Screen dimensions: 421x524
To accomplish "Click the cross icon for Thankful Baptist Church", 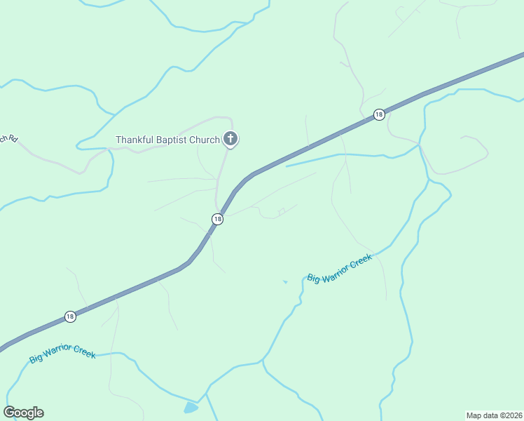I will (x=230, y=138).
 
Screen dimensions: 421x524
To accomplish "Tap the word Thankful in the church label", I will (x=134, y=140).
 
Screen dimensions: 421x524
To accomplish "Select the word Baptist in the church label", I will (x=170, y=140).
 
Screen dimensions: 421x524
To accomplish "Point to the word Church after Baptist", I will (x=204, y=140).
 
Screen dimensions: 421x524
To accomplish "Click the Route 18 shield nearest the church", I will (x=217, y=220).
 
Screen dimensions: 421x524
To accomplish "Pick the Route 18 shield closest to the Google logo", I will (x=70, y=316).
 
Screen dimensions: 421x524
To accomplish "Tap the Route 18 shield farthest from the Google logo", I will (x=379, y=114).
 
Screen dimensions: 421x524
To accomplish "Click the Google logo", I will (x=23, y=413).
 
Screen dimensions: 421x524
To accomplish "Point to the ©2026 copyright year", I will (x=510, y=415).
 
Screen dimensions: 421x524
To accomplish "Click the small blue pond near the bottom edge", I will (x=190, y=408).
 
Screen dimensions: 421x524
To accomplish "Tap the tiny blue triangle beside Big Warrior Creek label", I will (x=284, y=282).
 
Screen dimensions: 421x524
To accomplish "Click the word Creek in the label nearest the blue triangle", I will (x=361, y=261).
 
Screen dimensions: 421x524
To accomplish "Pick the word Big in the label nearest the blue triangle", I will (x=313, y=279).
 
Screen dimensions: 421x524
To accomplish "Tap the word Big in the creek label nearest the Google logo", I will (x=36, y=359).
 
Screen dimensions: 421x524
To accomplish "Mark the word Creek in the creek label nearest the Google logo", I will (x=84, y=353).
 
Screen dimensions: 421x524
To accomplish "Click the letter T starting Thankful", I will (x=118, y=140).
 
